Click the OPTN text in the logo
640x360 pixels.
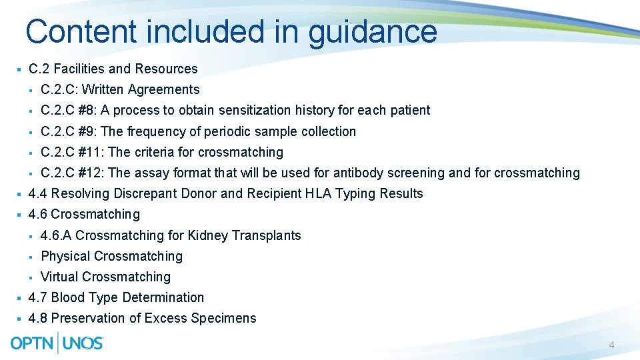[33, 343]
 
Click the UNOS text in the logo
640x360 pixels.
[83, 343]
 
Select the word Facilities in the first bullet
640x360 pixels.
[79, 69]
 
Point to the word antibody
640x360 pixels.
[358, 173]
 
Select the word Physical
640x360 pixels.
[65, 256]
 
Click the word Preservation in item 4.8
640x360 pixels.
[91, 318]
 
